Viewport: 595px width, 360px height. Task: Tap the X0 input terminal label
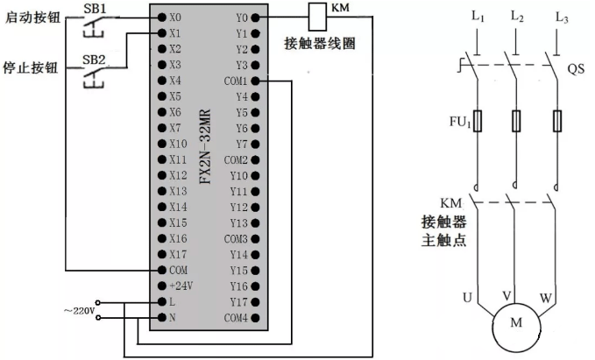[176, 18]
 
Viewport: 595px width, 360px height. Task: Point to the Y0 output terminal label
[242, 18]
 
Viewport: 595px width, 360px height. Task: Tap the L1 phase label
[477, 16]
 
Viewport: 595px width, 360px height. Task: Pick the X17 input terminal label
[178, 254]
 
